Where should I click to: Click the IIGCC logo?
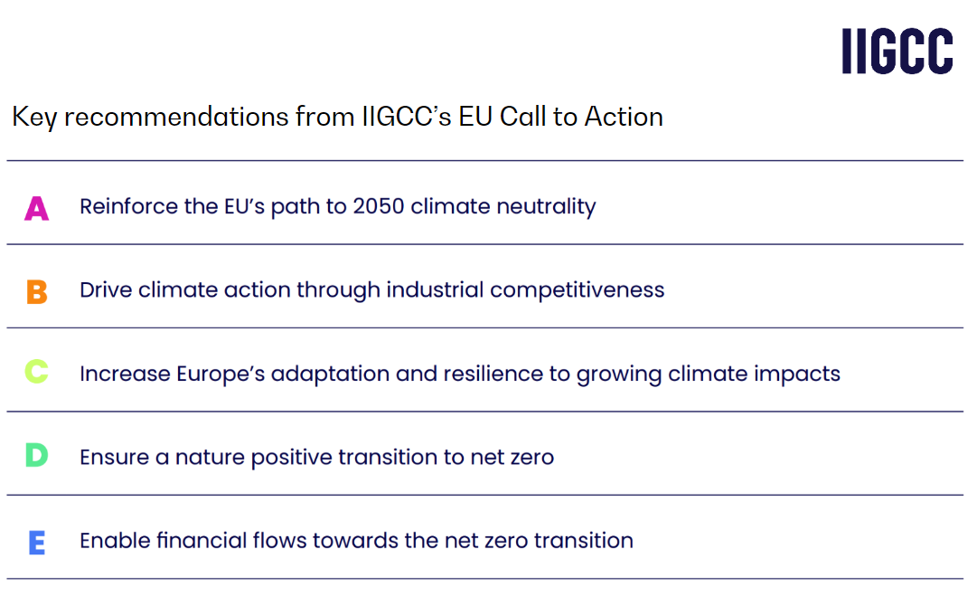(897, 52)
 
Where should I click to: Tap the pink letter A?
(37, 208)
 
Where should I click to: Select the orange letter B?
(37, 292)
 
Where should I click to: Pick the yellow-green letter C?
(37, 372)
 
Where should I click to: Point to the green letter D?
(37, 455)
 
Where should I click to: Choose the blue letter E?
(37, 543)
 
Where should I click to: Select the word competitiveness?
(578, 290)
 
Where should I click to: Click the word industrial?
(435, 290)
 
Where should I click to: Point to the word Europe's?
(221, 374)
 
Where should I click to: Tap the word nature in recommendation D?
(210, 458)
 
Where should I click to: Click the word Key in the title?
(34, 118)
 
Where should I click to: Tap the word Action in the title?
(624, 117)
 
